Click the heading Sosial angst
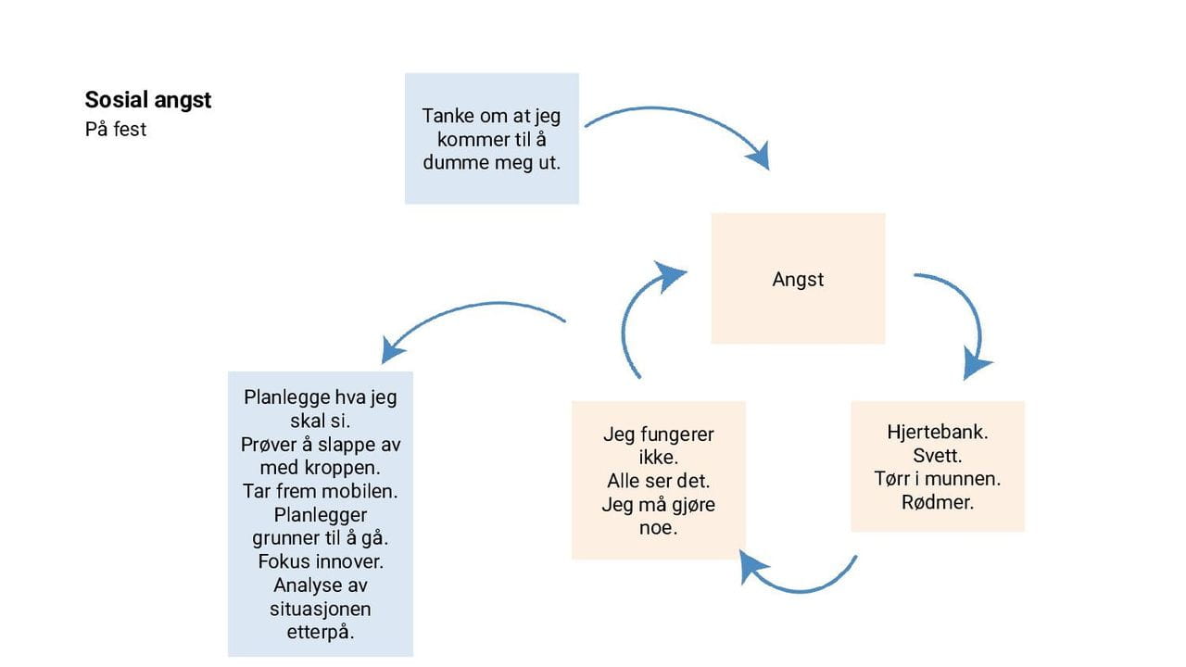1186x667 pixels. point(148,100)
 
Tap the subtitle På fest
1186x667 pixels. point(116,130)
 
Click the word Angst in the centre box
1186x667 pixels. point(798,280)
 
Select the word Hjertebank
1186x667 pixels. point(937,432)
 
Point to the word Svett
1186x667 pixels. point(938,456)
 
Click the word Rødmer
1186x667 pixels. point(938,503)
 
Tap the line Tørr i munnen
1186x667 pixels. point(938,479)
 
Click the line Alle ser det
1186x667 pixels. point(659,481)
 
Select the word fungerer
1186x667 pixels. point(677,434)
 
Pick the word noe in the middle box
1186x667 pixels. point(659,528)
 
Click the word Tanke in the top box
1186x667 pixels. point(449,117)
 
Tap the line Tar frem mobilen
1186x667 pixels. point(321,491)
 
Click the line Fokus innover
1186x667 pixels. point(321,561)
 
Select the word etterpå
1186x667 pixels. point(321,633)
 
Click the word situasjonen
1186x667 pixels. point(321,609)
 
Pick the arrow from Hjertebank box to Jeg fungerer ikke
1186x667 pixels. point(797,581)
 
